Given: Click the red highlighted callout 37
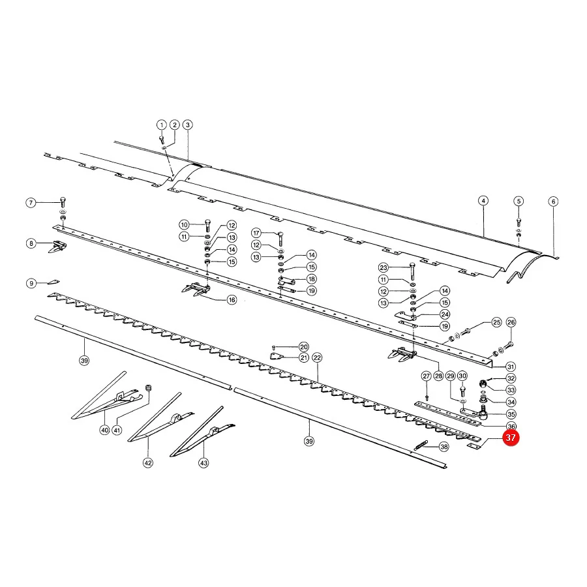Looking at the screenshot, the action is [511, 438].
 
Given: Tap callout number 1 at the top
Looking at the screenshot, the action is [161, 125].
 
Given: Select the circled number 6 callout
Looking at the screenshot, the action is [553, 202].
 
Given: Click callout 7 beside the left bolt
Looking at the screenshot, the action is [31, 203].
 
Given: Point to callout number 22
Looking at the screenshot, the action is [317, 358].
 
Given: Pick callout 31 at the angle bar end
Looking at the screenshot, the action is [510, 367].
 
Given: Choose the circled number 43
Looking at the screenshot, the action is [203, 463].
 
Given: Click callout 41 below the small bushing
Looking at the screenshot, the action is [117, 430].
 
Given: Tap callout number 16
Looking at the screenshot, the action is [232, 300].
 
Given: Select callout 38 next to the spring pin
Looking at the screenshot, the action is [444, 447].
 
